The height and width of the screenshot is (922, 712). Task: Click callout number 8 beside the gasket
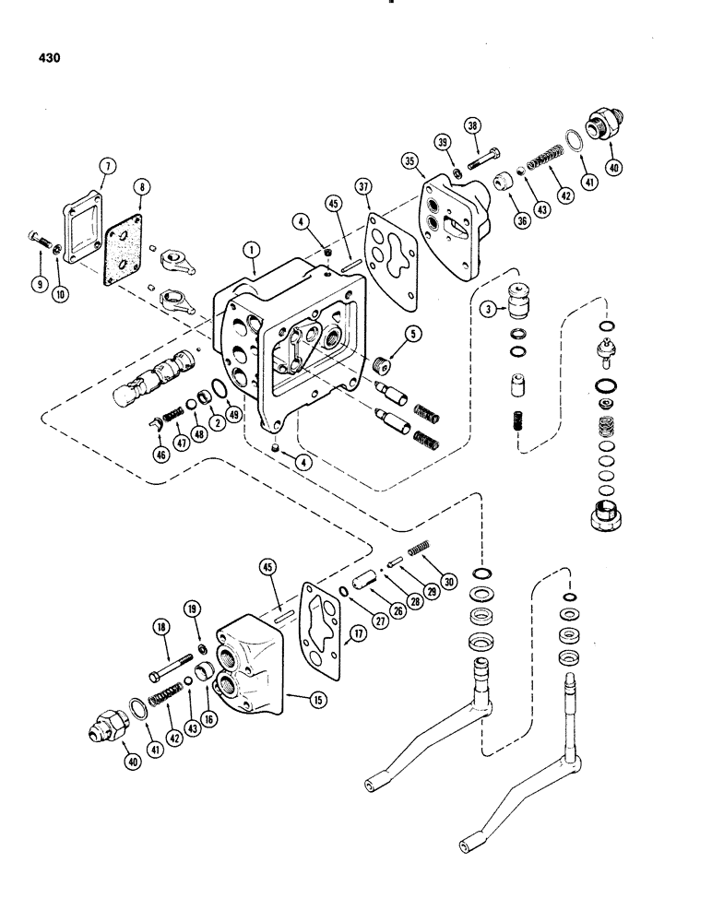[141, 187]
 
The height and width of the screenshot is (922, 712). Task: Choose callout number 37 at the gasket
[365, 189]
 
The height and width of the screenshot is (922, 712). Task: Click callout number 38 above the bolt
[472, 129]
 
